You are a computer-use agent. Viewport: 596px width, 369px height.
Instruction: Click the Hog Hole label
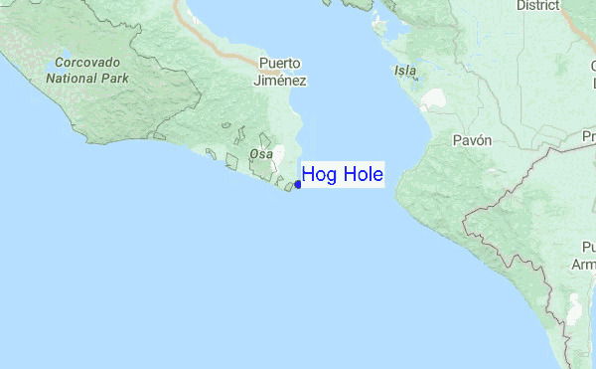(343, 175)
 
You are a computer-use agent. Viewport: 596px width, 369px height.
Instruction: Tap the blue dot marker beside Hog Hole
(298, 184)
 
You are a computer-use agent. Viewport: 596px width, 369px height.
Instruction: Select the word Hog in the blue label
(320, 176)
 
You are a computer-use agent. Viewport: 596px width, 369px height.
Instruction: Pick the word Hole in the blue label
(363, 175)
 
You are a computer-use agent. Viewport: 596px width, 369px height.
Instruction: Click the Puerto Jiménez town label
(282, 72)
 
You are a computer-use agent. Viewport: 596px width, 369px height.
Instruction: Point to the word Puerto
(282, 63)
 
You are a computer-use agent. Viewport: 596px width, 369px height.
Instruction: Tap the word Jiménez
(282, 81)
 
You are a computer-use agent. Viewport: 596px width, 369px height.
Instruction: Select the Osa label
(261, 154)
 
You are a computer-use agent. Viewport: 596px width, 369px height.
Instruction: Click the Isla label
(405, 71)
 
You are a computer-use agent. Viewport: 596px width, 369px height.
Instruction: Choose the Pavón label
(472, 140)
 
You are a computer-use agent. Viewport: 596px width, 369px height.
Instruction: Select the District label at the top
(538, 5)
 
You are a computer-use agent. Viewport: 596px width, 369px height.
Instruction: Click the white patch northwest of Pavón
(434, 100)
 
